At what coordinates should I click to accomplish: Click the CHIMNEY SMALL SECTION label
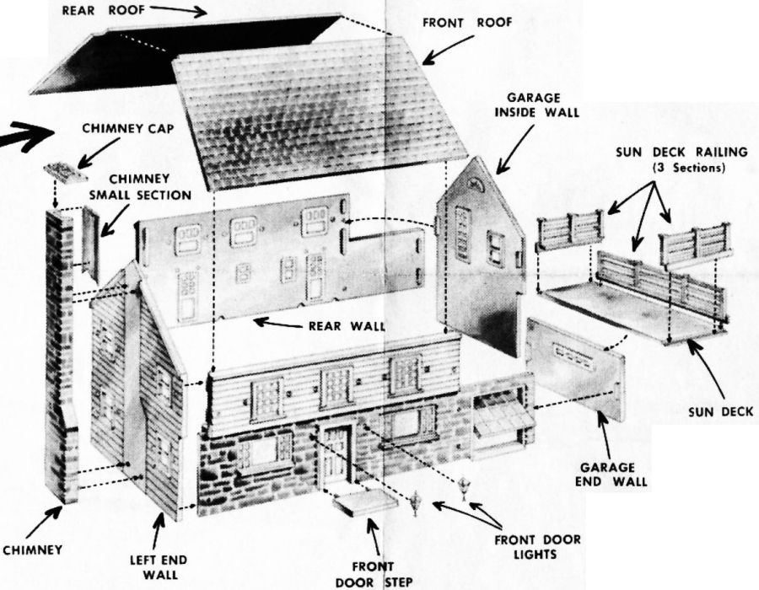click(x=141, y=187)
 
